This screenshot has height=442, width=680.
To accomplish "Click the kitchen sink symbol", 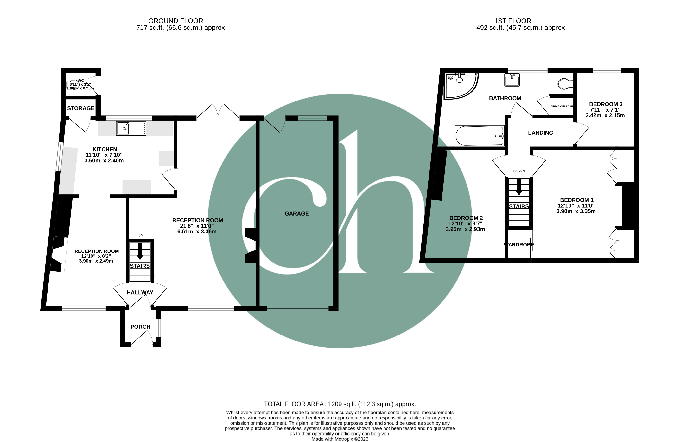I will [x=131, y=128].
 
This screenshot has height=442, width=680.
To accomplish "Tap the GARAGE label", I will [x=297, y=214].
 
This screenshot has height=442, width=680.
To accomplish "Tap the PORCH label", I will [x=140, y=327].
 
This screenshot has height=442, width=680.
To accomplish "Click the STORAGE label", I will [x=81, y=108].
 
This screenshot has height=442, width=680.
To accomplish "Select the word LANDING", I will [x=540, y=133].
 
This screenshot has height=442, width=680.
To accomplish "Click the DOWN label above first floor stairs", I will [x=519, y=171].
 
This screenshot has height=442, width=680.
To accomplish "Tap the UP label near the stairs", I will [x=140, y=236].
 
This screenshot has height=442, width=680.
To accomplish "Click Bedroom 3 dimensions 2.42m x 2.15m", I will [x=605, y=115].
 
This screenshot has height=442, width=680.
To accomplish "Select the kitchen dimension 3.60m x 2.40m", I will [x=104, y=161].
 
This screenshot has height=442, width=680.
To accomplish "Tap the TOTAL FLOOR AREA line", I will [x=340, y=404].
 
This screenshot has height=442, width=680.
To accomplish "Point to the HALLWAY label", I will [x=140, y=292].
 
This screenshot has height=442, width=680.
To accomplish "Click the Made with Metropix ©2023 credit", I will [x=340, y=439].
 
